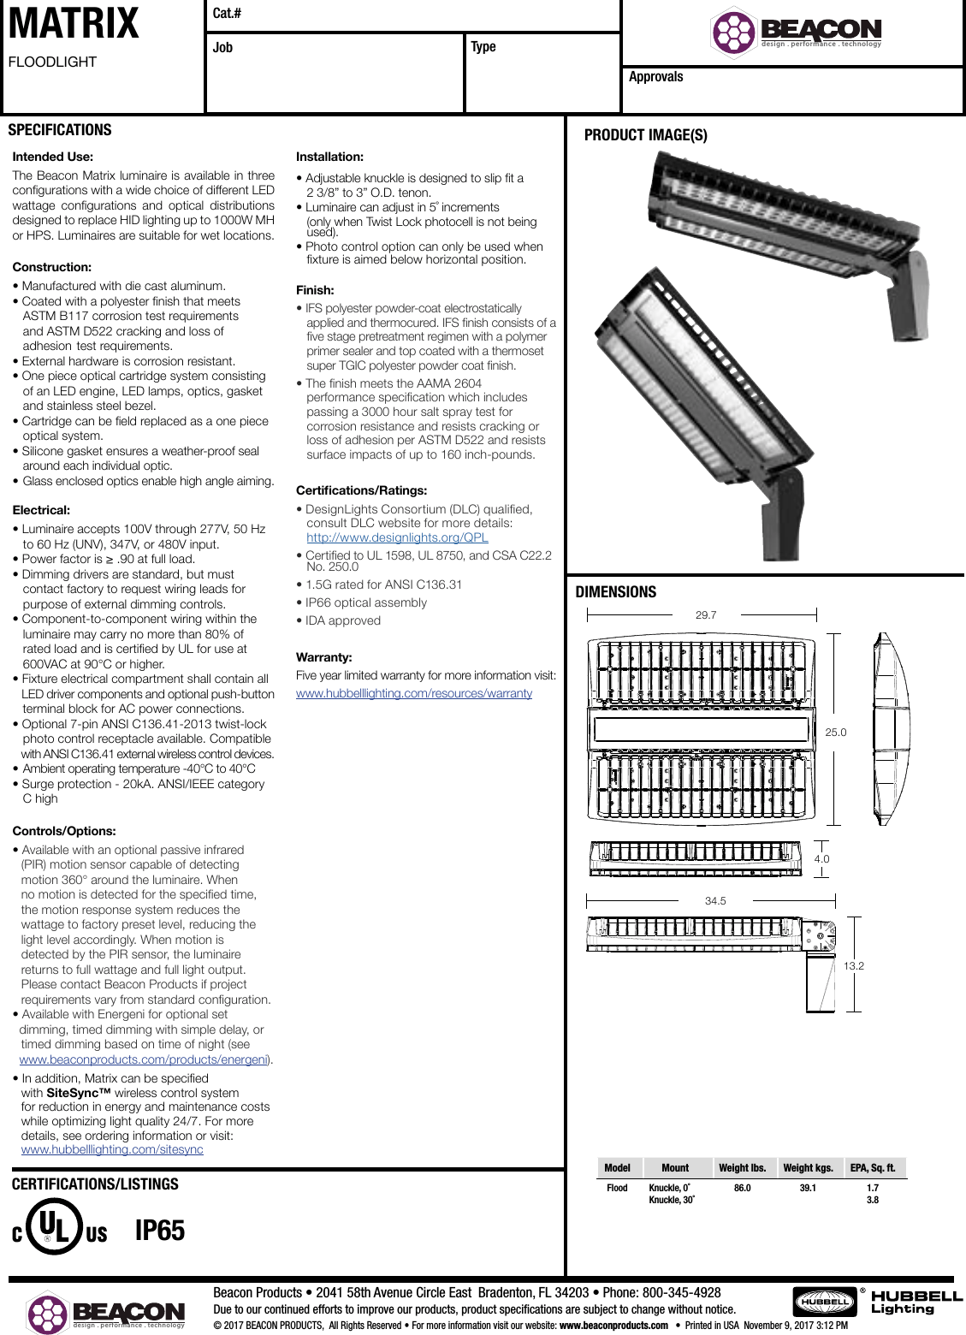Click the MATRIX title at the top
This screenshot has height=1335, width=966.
coord(74,24)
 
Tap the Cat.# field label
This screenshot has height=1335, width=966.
coord(227,13)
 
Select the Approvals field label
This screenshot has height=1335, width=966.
coord(655,77)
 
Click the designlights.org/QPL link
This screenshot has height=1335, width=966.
coord(397,537)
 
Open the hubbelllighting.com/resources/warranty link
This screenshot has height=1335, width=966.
coord(414,693)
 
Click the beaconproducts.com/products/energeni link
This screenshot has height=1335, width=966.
coord(143,1059)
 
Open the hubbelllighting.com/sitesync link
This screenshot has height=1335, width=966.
coord(112,1149)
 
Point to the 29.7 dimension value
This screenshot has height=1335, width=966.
coord(706,614)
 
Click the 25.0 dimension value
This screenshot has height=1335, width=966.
coord(835,733)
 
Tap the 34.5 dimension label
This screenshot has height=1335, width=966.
coord(715,901)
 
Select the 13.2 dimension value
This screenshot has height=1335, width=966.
coord(853,965)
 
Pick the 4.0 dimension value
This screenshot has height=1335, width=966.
coord(821,859)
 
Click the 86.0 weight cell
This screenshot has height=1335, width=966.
coord(742,1188)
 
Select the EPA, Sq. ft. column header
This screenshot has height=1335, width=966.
coord(872,1167)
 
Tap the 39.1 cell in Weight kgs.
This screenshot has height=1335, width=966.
coord(808,1188)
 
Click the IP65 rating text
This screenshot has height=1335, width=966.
coord(160,1231)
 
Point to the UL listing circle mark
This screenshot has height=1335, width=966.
coord(56,1226)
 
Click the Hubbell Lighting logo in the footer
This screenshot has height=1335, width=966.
coord(878,1302)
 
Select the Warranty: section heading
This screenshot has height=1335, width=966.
coord(323,657)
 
